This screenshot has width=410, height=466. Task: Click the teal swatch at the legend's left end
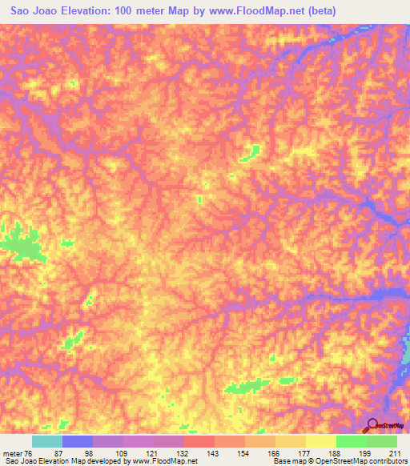[x=47, y=441]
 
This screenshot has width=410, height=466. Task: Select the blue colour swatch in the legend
[x=78, y=441]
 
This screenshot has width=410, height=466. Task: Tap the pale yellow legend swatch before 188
[x=320, y=441]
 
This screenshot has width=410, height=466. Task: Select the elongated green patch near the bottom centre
[x=247, y=387]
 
